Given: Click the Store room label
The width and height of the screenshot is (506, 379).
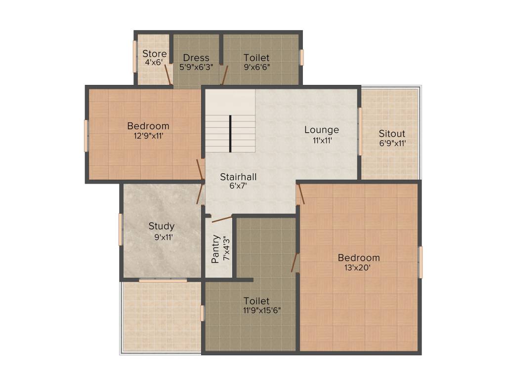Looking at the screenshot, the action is [x=155, y=53].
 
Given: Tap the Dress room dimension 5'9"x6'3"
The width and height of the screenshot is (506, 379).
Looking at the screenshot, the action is [x=196, y=67].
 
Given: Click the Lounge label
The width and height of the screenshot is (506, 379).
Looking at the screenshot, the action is [x=322, y=130].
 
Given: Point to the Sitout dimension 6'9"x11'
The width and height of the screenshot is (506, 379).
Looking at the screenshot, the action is [x=392, y=143].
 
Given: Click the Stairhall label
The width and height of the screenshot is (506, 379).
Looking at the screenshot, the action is [x=239, y=177].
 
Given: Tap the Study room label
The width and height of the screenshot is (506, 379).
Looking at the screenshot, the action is [x=162, y=226].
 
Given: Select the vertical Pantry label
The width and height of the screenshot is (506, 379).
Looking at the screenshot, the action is [x=215, y=249].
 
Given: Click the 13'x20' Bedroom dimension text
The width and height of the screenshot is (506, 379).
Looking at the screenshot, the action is [x=358, y=267].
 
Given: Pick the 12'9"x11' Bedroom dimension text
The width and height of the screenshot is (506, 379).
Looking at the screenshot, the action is [x=148, y=136].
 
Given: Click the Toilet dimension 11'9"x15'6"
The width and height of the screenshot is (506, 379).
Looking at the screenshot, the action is [x=262, y=310].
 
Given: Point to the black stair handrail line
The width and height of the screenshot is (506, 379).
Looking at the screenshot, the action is [x=230, y=133].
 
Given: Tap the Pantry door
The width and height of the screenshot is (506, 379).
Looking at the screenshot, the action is [x=222, y=219].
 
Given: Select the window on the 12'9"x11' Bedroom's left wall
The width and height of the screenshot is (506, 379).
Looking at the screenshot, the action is [x=86, y=136].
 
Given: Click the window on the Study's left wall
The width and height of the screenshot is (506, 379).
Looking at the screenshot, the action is [x=121, y=229].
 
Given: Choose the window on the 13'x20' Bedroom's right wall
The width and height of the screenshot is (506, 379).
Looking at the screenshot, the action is [x=421, y=262].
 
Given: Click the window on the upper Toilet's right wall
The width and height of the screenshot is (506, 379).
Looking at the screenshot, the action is [x=302, y=58].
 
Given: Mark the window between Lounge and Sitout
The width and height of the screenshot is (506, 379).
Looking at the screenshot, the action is [x=360, y=131].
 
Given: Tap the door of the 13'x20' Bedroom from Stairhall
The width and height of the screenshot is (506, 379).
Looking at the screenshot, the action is [x=301, y=194].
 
